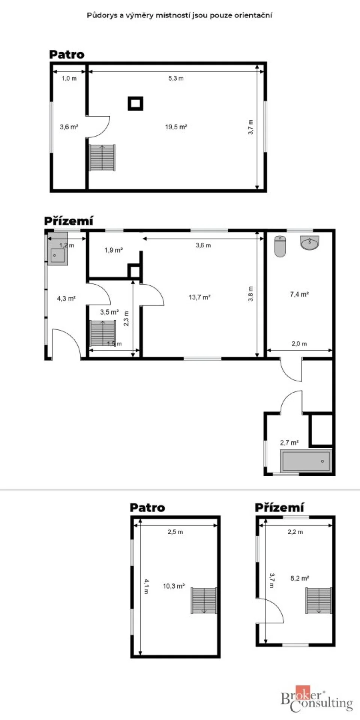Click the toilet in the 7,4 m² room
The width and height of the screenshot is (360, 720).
pos(280,246)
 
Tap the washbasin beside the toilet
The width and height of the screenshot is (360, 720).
pos(309,243)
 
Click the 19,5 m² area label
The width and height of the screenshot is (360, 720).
pos(176,127)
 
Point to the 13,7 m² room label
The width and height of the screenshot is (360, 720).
pos(199,297)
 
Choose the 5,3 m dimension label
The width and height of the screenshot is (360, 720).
pos(176,78)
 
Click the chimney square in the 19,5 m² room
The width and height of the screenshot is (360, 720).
pos(135,103)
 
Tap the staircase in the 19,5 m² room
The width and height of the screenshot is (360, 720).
pos(102,157)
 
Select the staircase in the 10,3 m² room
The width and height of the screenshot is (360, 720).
pos(204,600)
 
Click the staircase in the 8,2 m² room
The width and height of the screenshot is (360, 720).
pos(319,600)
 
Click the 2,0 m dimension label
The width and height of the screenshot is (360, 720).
pos(299,343)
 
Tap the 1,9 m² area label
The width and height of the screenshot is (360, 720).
pos(114,250)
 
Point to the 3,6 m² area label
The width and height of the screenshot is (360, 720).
pos(69,127)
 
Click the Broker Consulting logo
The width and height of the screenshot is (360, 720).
pos(317,699)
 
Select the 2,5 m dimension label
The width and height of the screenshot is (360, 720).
pos(175,532)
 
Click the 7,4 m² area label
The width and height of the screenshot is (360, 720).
pos(299,294)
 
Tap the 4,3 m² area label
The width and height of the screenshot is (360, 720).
pos(66,298)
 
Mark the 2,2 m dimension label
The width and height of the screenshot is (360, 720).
pos(295,532)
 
